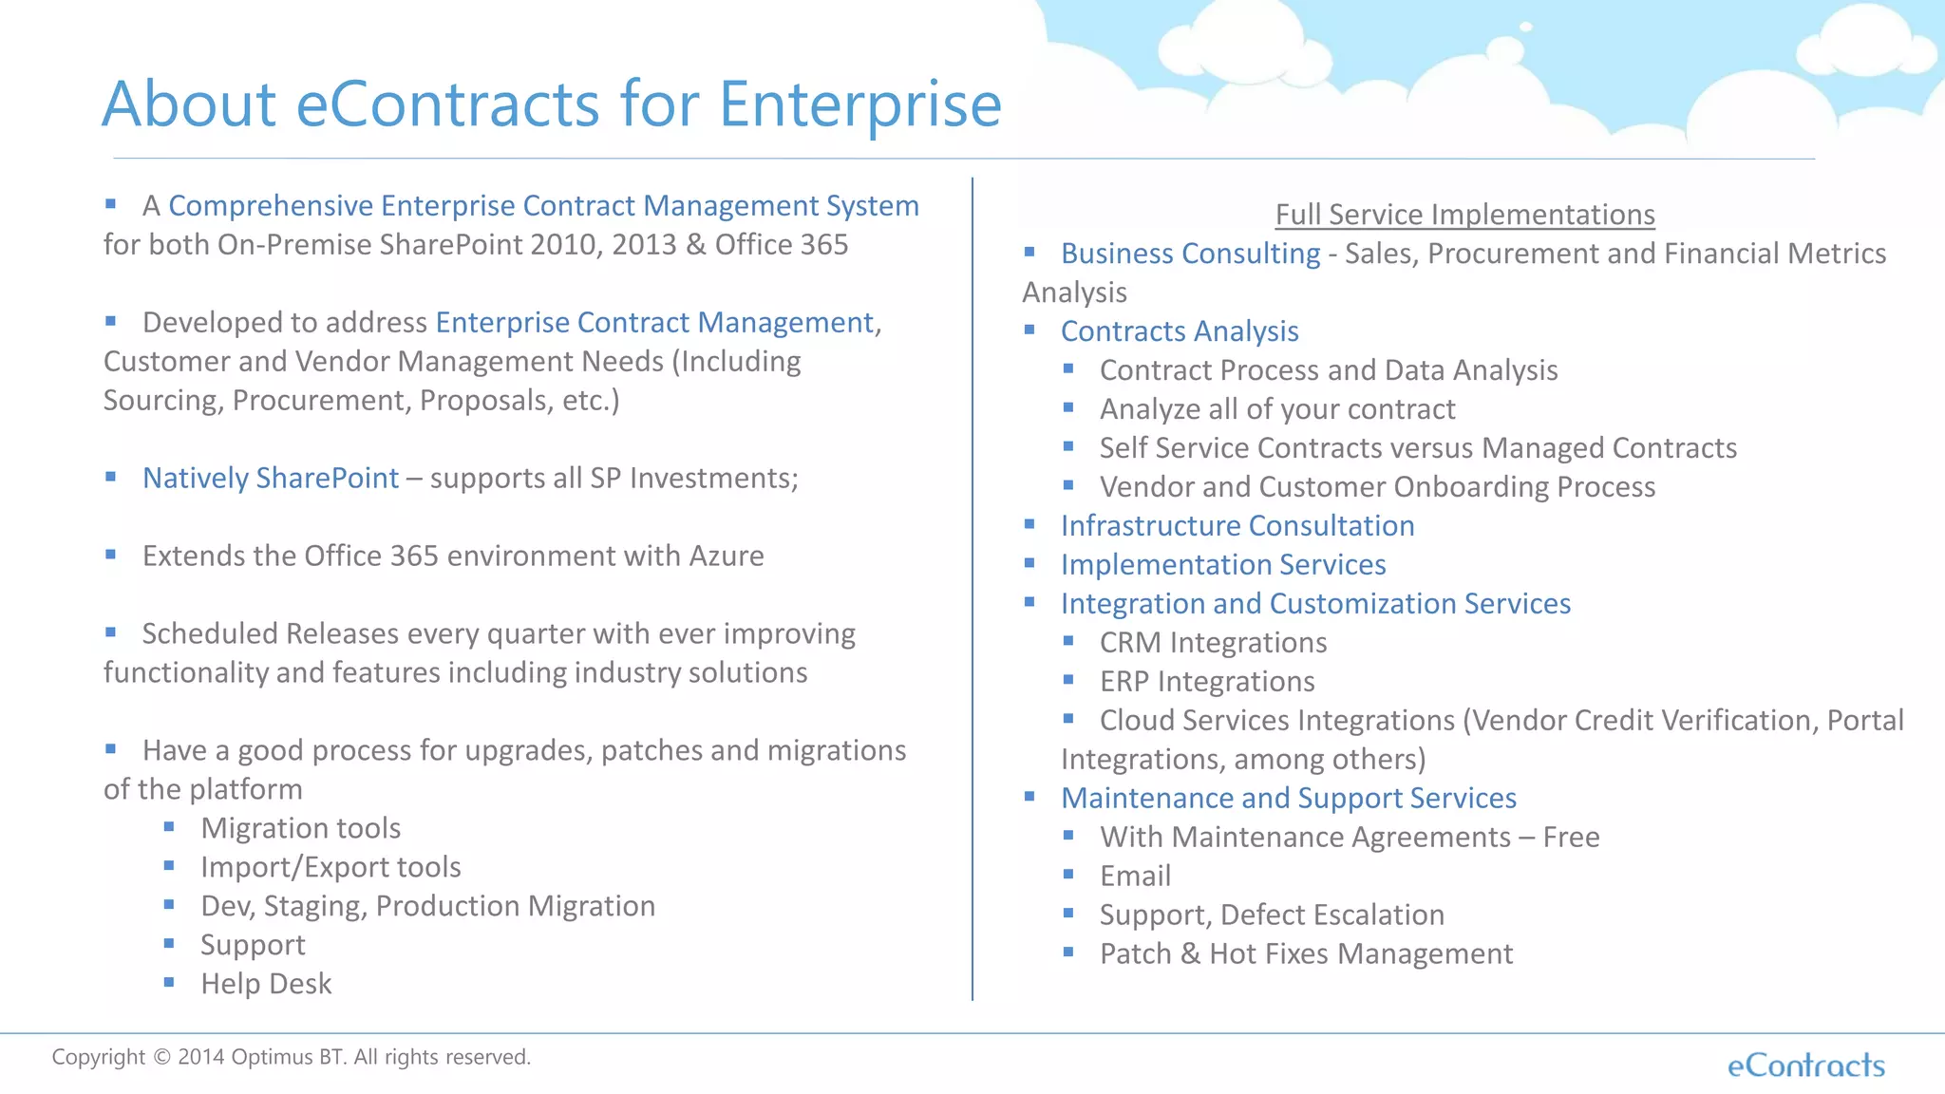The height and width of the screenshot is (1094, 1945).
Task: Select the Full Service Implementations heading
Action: (1464, 215)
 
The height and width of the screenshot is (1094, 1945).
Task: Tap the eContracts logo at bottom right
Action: (1805, 1066)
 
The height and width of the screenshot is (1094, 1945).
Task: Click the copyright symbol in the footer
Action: (161, 1057)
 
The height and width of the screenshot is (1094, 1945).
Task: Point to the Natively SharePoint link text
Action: (271, 478)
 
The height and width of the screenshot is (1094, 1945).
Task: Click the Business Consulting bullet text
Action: (1190, 254)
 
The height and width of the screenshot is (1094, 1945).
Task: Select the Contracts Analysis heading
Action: (1180, 331)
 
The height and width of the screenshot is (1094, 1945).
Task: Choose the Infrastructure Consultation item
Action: (1237, 526)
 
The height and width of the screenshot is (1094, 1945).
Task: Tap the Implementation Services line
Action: (1223, 565)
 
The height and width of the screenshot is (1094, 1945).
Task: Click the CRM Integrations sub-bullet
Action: (1213, 643)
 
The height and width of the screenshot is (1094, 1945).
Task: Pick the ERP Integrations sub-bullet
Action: (1207, 682)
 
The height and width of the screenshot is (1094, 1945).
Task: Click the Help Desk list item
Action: (266, 984)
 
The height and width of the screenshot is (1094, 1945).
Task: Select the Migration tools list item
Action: (300, 828)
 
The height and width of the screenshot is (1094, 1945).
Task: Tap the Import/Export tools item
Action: (330, 867)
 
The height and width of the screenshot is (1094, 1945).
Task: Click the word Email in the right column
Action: (1135, 877)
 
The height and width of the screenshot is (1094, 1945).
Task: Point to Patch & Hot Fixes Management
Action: (1306, 954)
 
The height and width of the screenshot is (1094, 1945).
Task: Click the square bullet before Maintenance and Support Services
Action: (1029, 797)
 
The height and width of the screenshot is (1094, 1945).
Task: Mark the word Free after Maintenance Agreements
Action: (1571, 838)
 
